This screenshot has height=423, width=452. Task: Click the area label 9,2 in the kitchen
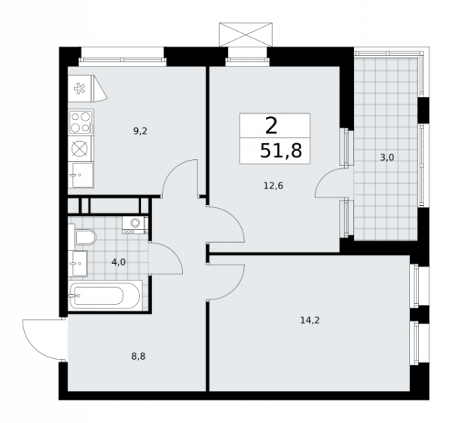140,130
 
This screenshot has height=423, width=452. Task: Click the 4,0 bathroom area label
119,263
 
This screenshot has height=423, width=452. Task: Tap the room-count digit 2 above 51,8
270,125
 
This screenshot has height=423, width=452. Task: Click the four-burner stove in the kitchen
80,121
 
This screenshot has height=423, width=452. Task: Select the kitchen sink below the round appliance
80,176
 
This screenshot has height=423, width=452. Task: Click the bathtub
105,296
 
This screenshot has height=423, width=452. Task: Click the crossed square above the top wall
243,34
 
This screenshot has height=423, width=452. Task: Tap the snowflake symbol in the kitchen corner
79,89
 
